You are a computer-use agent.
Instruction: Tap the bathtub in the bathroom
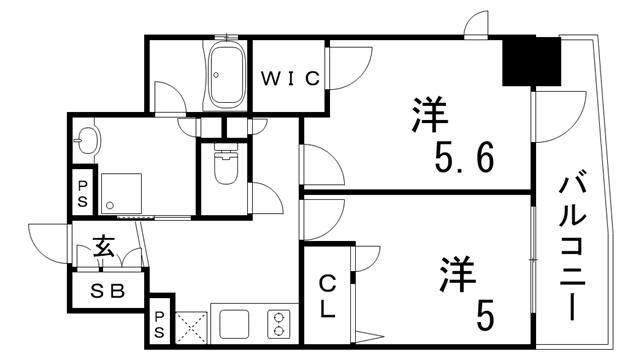tap(226, 74)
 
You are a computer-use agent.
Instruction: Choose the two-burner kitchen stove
tap(277, 324)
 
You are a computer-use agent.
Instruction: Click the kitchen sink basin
tap(235, 324)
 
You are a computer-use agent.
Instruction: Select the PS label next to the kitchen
tap(160, 323)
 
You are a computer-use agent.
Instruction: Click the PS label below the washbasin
tap(81, 192)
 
